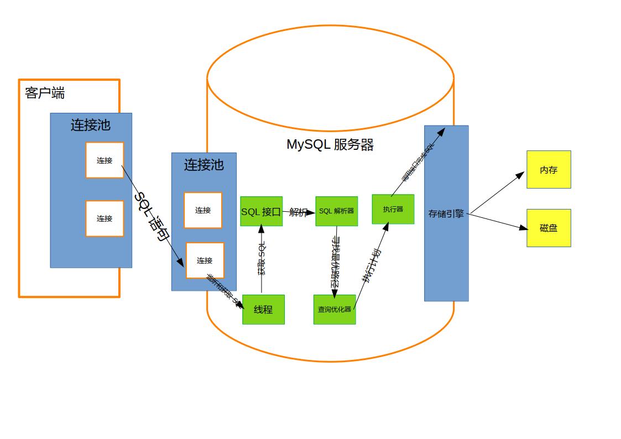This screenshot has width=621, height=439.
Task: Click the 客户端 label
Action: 45,93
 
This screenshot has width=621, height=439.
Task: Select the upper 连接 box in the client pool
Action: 105,160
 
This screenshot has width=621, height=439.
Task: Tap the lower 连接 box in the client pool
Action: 105,218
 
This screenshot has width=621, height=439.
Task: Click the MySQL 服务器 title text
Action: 330,145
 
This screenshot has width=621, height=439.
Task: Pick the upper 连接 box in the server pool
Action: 203,210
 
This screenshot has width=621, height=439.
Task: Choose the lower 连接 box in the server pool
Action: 205,260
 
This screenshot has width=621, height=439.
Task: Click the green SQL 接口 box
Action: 261,211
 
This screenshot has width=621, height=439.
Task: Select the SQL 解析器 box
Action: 336,211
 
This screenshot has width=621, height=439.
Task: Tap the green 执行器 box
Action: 393,209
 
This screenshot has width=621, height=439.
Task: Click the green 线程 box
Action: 263,310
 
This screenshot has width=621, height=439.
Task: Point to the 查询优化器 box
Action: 335,310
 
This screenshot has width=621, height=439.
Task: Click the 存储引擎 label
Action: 446,213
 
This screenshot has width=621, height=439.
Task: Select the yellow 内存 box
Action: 549,170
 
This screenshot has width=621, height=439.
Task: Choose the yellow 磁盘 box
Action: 549,228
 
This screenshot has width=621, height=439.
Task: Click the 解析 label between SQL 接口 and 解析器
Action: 298,212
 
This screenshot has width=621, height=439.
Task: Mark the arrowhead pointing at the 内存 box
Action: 520,175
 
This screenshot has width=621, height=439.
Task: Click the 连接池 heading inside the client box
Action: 91,126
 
